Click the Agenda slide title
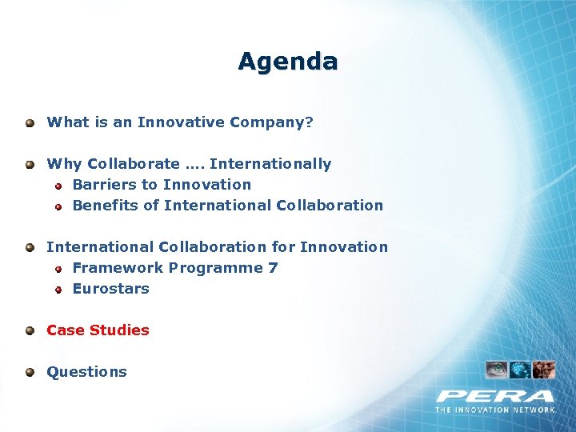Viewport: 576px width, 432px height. (x=288, y=62)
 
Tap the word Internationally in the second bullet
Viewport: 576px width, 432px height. (x=270, y=164)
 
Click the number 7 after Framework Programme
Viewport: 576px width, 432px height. (x=274, y=268)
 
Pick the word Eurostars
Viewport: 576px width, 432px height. (x=110, y=289)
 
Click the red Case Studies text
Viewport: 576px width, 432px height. (x=98, y=330)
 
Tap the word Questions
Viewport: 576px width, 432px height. (x=86, y=372)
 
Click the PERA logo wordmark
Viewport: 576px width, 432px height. (x=495, y=396)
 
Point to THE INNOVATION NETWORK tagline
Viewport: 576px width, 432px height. (x=495, y=410)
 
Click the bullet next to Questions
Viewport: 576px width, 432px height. (x=30, y=372)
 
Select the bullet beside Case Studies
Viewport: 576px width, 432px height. (x=30, y=330)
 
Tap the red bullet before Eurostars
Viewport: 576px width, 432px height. (x=58, y=290)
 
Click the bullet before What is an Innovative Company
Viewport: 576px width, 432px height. (x=30, y=123)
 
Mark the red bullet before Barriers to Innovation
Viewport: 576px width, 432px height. (x=58, y=186)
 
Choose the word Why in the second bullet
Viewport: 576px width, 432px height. (x=64, y=164)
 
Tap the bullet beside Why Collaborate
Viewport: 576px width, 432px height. (x=30, y=165)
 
